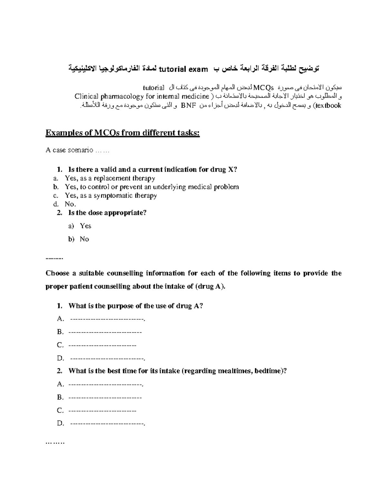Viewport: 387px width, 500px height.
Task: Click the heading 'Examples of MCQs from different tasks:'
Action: point(123,133)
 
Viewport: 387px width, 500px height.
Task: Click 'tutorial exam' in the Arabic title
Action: point(182,69)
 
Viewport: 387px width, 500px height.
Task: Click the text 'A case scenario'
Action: point(69,150)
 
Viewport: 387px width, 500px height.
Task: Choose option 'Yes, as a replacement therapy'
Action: point(110,178)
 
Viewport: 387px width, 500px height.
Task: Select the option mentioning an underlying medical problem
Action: point(152,187)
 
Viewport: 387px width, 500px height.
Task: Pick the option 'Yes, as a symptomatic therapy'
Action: point(111,196)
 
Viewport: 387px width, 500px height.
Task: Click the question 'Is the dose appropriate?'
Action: point(107,213)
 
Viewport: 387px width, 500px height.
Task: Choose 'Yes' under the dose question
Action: point(85,226)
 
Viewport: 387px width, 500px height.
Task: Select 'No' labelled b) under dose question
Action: point(84,239)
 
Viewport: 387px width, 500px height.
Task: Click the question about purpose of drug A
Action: point(135,306)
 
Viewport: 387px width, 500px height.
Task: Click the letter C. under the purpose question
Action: point(60,345)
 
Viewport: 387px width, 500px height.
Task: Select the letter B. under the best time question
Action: point(60,397)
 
